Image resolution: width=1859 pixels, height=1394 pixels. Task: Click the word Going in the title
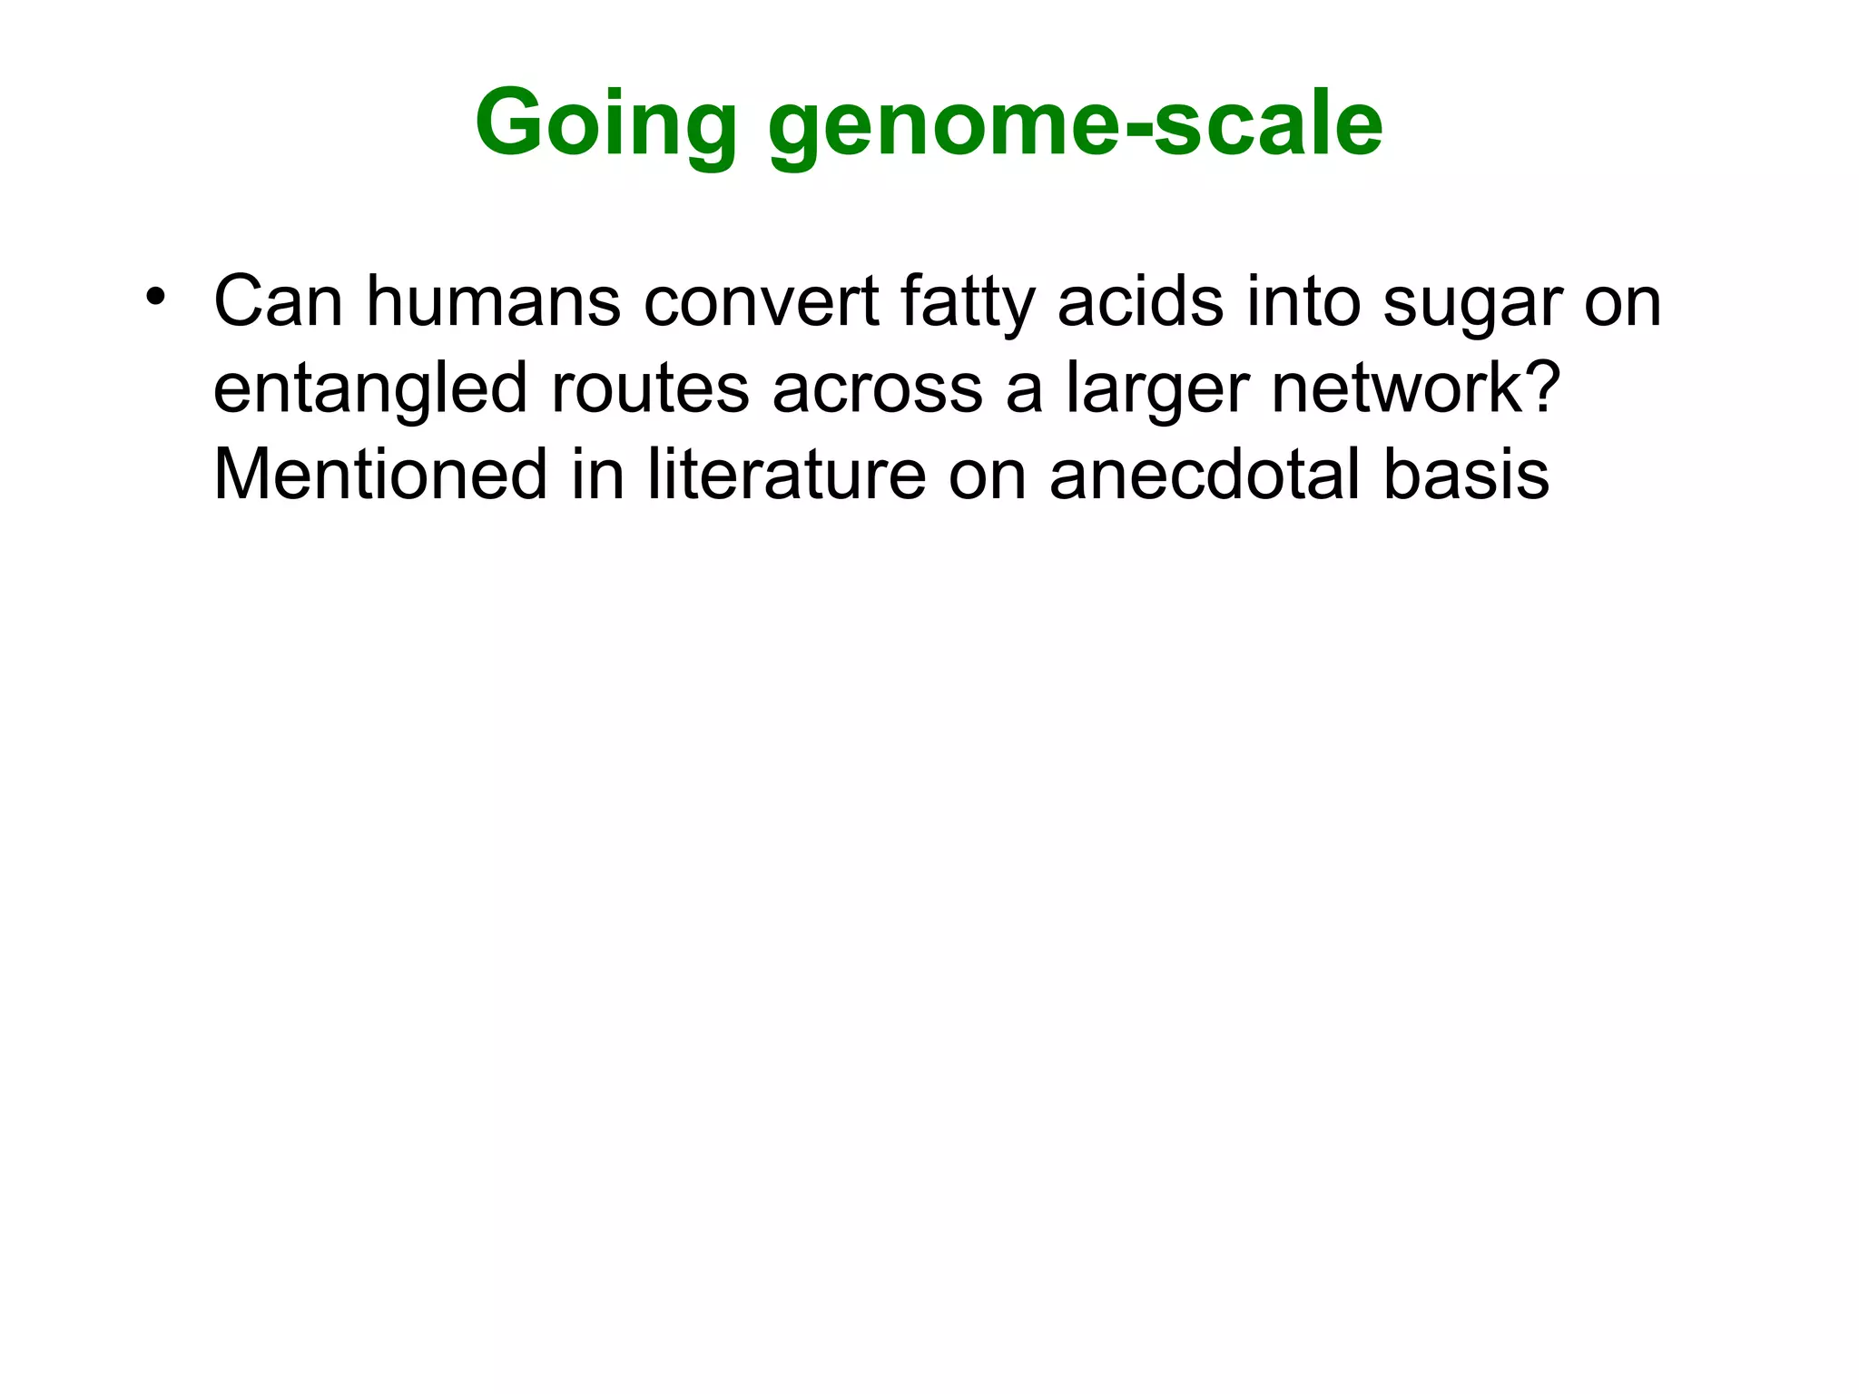[x=605, y=124]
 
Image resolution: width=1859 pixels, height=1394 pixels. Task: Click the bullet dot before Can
[x=156, y=297]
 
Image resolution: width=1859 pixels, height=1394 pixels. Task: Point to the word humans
[x=494, y=301]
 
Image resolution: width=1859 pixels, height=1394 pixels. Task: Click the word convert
[x=762, y=301]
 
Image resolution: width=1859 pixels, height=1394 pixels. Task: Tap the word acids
[x=1140, y=301]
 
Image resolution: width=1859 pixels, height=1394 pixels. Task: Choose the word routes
[x=650, y=388]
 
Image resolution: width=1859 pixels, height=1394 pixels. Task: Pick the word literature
[x=786, y=474]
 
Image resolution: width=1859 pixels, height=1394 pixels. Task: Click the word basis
[x=1466, y=474]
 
